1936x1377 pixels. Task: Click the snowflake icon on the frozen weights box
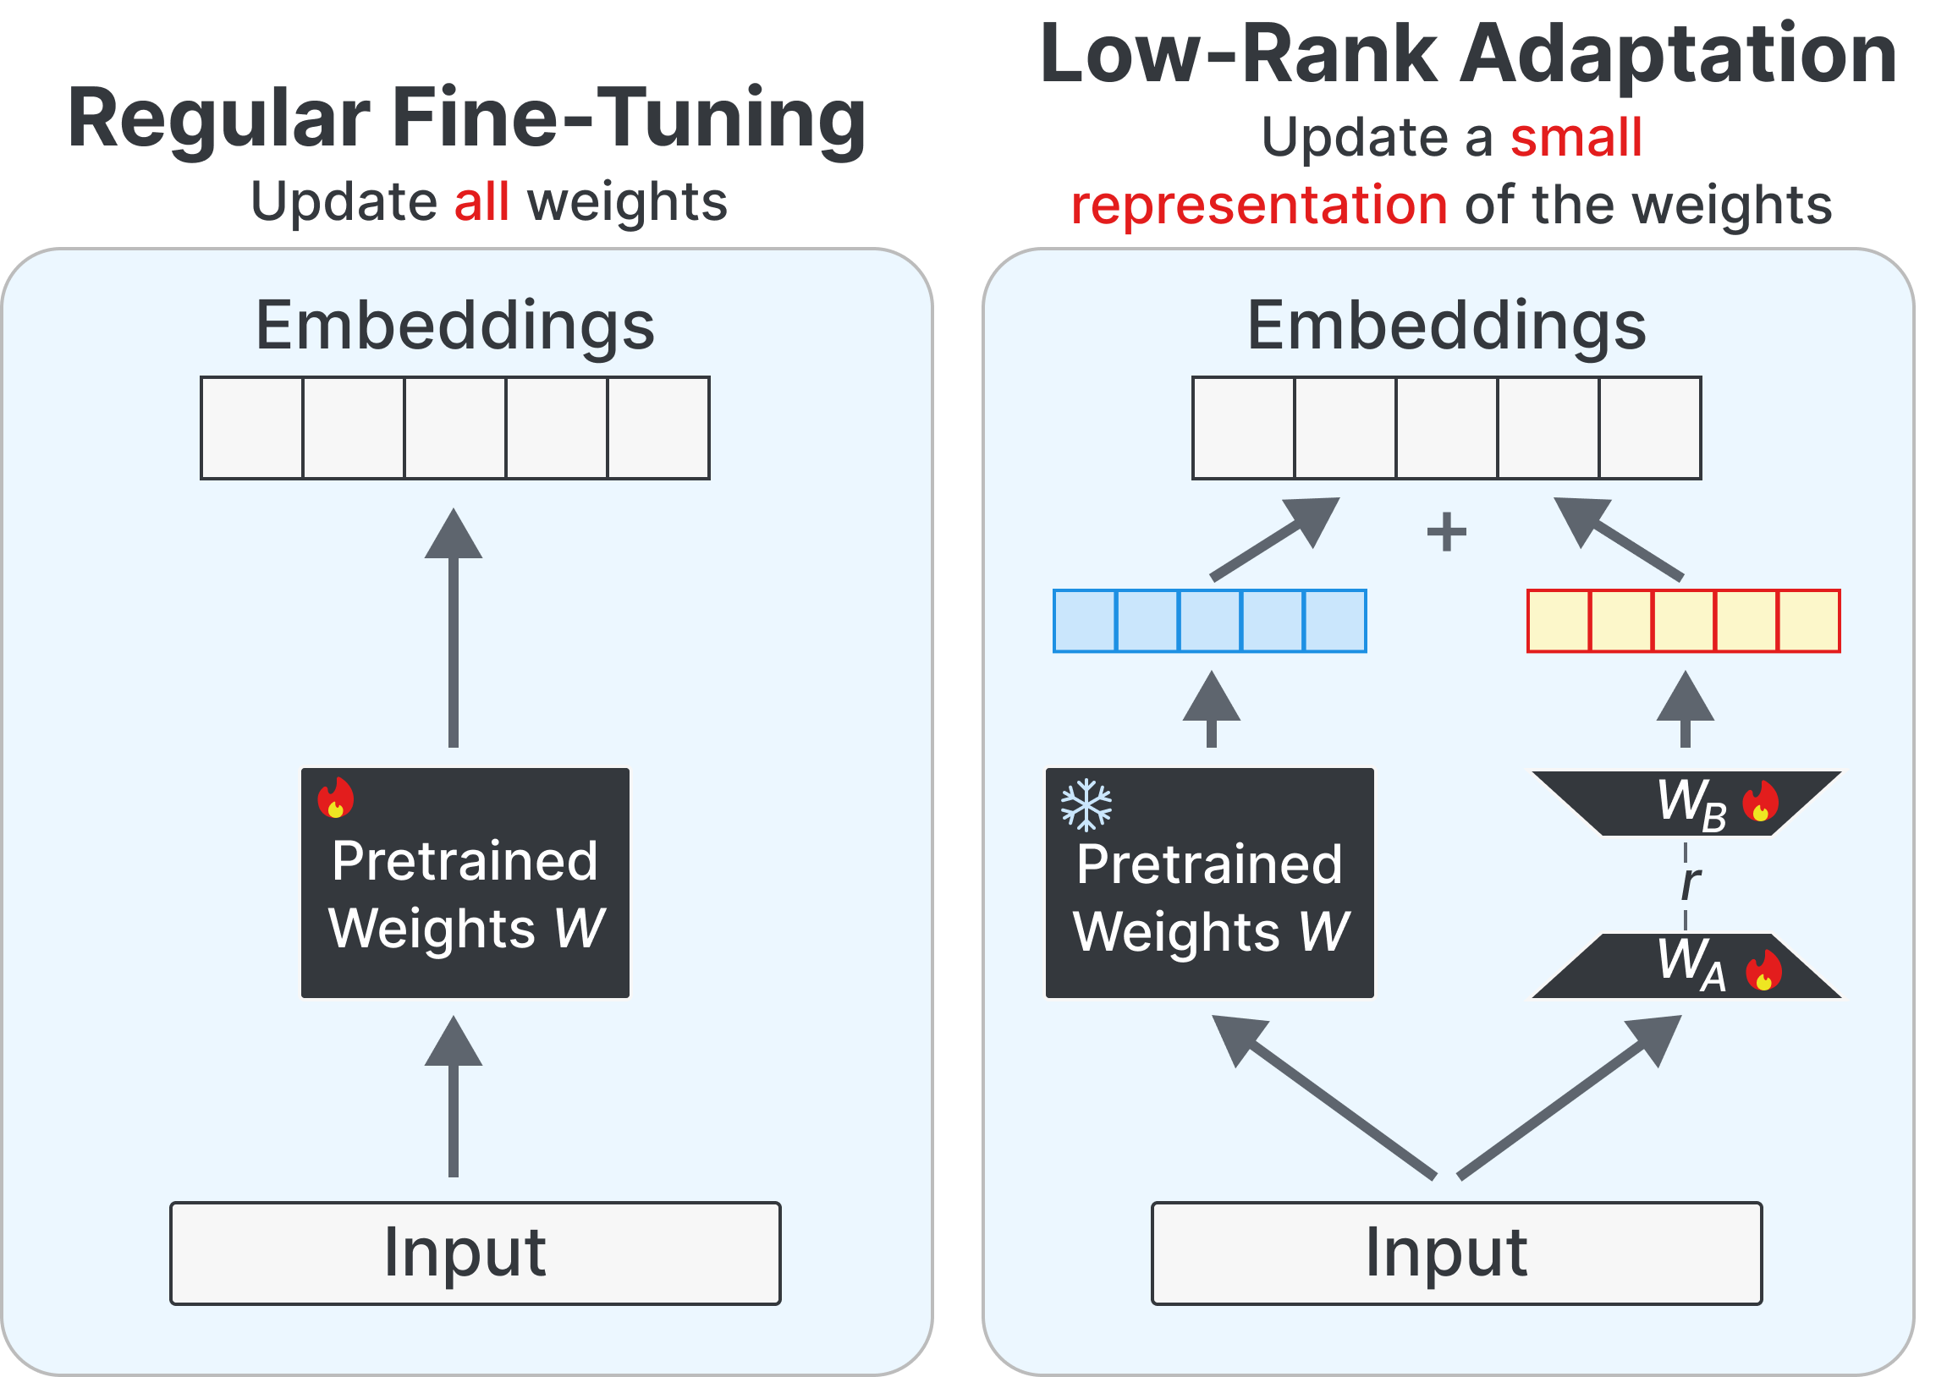1086,804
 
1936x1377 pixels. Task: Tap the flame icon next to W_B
1761,801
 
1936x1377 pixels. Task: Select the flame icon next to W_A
1764,970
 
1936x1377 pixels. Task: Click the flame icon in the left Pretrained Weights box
336,798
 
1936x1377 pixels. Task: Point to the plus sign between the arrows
1447,533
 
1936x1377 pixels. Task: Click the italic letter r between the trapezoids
1689,884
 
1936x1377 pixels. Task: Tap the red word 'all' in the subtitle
481,202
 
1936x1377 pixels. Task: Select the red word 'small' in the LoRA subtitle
1576,137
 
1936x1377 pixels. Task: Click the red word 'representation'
1259,206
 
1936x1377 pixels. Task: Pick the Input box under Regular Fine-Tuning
475,1254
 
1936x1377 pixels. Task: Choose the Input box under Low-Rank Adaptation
1456,1254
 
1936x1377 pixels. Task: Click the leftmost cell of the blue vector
1085,621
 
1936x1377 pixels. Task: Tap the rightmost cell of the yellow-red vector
1809,621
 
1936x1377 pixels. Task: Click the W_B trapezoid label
1691,803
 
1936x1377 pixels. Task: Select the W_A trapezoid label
1691,965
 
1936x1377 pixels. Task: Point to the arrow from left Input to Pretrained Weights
454,1098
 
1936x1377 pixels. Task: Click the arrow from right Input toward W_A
1569,1097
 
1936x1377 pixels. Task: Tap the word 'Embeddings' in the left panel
455,326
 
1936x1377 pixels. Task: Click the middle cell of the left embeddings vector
455,428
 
